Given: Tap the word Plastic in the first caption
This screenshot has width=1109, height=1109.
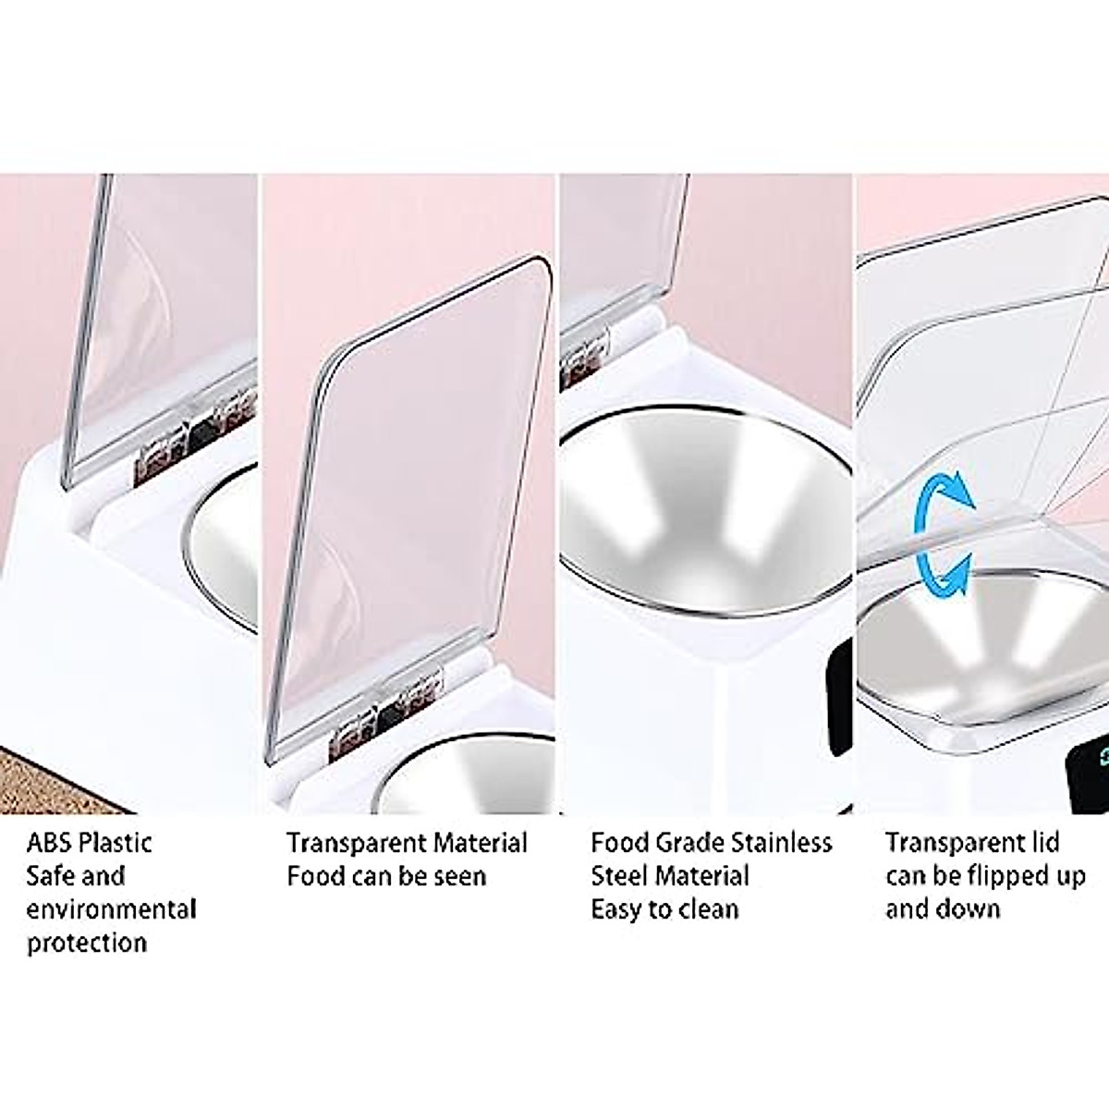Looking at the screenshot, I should pos(116,843).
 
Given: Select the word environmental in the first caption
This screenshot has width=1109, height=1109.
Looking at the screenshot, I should pos(111,909).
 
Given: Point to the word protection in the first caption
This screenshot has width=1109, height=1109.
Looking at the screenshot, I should pos(87,944).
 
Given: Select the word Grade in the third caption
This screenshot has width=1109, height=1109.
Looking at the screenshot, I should pos(693,843).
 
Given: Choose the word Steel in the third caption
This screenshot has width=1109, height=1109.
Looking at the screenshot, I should pos(624,876).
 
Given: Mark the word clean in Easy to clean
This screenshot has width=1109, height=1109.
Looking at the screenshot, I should pos(709,909).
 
